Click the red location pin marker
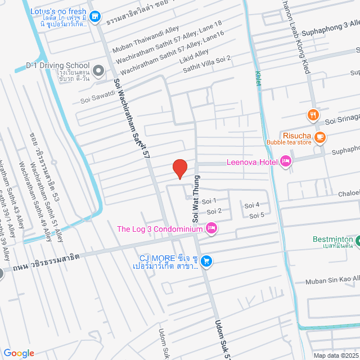(x=179, y=168)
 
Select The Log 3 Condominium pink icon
(x=211, y=228)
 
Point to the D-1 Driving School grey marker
(x=98, y=71)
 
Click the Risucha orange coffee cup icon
(x=320, y=136)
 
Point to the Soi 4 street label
(x=251, y=205)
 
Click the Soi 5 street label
(x=256, y=215)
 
